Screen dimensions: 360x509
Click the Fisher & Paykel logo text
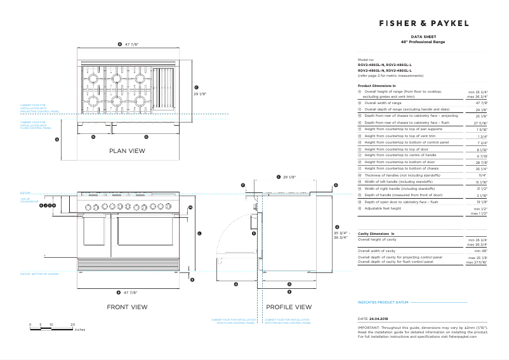coord(423,23)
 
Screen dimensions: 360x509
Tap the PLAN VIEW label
coord(127,151)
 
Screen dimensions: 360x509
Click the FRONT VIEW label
coord(127,307)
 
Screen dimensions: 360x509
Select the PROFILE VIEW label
coord(289,307)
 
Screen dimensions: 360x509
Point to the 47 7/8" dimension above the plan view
coord(131,44)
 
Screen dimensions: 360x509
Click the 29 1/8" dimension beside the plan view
coord(202,93)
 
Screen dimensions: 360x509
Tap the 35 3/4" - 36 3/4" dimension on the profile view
coord(341,236)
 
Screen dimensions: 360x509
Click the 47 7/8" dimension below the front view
coord(131,293)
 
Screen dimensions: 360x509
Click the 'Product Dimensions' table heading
coord(377,85)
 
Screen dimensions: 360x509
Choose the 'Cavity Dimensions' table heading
coord(376,234)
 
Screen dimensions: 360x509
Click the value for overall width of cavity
coord(481,251)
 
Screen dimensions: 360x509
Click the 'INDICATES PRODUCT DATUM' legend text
coord(383,303)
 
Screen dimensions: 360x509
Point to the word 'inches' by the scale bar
coord(79,330)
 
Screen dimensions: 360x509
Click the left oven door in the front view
coord(96,235)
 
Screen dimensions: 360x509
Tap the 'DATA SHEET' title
coord(423,37)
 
